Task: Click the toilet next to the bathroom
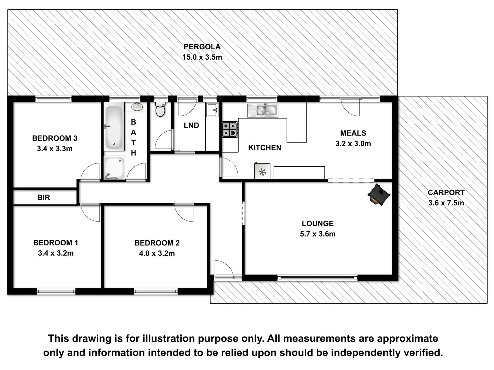(x=160, y=109)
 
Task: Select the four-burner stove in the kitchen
(x=230, y=129)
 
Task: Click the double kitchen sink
(x=263, y=110)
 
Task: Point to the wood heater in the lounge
(x=379, y=195)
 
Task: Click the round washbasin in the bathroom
(x=137, y=106)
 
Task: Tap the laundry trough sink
(x=212, y=110)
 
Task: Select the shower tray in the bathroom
(x=114, y=168)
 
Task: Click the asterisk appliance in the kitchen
(x=262, y=171)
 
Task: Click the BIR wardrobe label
(x=43, y=198)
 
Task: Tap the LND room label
(x=191, y=125)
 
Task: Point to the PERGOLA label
(x=202, y=47)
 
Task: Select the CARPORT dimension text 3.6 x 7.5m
(x=446, y=203)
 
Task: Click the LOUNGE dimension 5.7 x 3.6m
(x=318, y=234)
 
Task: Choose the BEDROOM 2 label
(x=157, y=243)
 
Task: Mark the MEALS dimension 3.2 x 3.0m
(x=353, y=144)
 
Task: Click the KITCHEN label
(x=265, y=148)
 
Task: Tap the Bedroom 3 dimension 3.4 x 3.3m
(x=55, y=149)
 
